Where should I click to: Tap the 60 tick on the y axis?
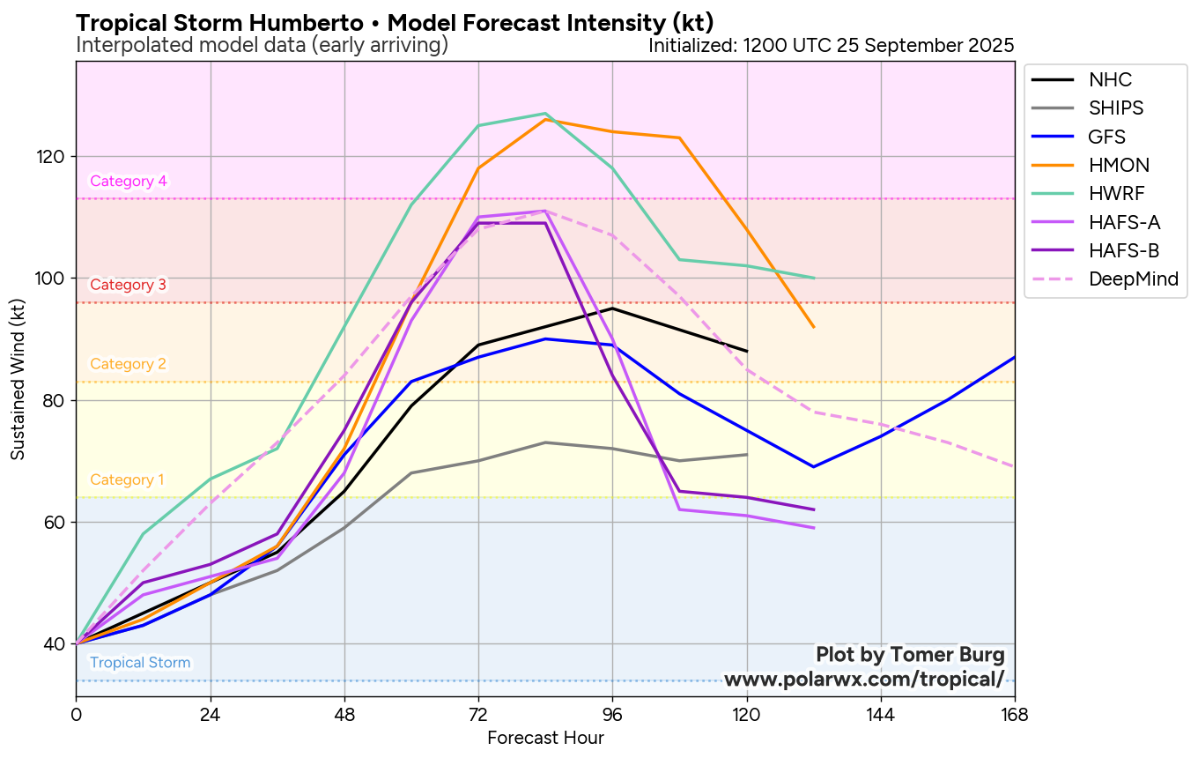click(55, 522)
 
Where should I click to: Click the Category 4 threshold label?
click(129, 182)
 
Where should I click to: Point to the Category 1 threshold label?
click(127, 480)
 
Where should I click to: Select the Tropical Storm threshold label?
click(140, 663)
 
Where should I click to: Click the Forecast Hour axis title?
click(545, 738)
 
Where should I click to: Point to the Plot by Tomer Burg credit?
click(910, 655)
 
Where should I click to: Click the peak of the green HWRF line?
click(545, 114)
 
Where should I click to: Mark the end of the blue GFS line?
click(1015, 357)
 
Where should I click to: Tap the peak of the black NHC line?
click(612, 308)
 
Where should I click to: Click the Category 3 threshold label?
click(129, 285)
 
